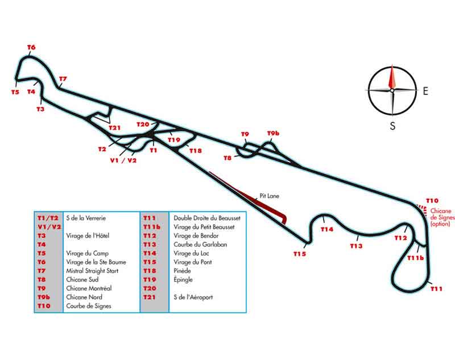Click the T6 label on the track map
pos(31,47)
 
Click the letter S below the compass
pos(392,126)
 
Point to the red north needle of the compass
pos(392,78)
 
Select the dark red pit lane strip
pos(250,195)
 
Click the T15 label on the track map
pos(300,254)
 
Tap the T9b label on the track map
pos(274,134)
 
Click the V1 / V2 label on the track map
pos(123,160)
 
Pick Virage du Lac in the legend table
pos(192,253)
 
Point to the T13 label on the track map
pos(356,246)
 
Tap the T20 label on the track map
pos(143,124)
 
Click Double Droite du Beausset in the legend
pos(203,218)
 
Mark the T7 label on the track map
pos(63,78)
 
